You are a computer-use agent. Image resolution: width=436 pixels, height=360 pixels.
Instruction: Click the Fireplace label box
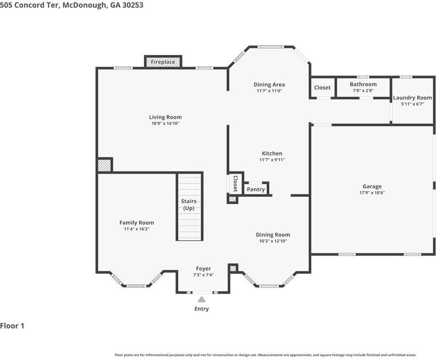coord(163,62)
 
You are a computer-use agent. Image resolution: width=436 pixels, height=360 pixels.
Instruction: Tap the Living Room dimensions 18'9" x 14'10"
coord(165,124)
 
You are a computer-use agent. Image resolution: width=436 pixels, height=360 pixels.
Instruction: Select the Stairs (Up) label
coord(189,204)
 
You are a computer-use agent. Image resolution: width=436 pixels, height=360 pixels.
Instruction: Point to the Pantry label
coord(256,189)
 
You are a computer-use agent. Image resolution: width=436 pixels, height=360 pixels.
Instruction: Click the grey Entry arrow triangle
coord(202,300)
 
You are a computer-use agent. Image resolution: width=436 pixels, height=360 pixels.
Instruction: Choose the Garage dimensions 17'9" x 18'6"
coord(372,193)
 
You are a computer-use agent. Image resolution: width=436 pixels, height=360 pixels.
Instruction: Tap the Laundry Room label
coord(412,98)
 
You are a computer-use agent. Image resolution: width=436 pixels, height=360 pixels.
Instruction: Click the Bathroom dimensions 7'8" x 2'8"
coord(363,91)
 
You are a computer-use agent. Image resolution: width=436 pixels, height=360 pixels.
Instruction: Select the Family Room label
coord(136,223)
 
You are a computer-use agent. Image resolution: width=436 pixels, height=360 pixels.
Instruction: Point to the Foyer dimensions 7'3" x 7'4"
coord(203,275)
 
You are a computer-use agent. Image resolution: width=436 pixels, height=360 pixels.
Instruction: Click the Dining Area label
coord(269,85)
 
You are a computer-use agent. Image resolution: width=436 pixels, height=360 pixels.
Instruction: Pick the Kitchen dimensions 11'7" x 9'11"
coord(272,160)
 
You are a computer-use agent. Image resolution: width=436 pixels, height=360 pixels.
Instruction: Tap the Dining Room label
coord(273,235)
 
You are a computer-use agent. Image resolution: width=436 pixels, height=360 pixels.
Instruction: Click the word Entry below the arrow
coord(202,309)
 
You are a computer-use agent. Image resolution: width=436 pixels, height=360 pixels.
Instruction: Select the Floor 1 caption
coord(12,326)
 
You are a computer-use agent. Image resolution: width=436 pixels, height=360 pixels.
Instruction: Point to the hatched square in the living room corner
coord(104,165)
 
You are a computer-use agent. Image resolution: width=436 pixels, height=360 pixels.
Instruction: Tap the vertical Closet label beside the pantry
coord(235,184)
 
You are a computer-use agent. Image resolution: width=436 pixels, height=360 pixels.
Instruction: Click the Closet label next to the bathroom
coord(322,87)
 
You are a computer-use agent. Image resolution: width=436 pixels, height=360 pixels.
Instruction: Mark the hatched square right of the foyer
coord(233,268)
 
